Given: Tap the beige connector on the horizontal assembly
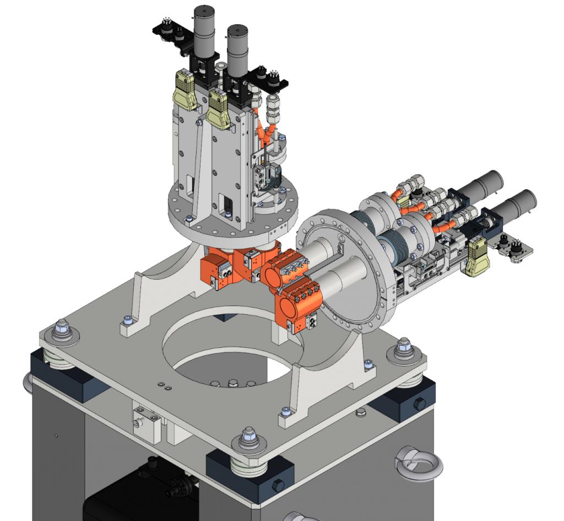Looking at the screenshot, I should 478,258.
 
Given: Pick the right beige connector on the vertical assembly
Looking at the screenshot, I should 219,110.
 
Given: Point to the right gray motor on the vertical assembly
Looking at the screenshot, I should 237,50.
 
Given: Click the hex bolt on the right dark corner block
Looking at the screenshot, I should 419,403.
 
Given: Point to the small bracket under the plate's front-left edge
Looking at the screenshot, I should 146,422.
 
